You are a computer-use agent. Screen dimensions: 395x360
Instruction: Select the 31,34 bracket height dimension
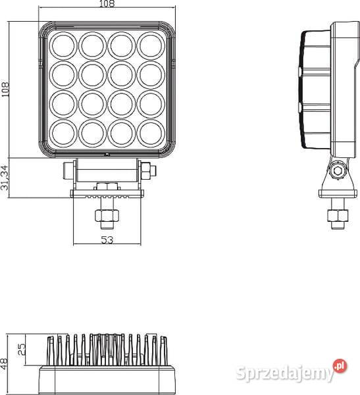pos(6,177)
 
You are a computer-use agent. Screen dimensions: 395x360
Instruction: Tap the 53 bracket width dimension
pos(107,240)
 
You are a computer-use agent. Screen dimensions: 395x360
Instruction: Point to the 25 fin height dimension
pos(22,347)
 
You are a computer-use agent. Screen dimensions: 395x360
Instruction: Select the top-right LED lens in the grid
pos(151,45)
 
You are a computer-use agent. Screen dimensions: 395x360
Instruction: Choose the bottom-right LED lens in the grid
pos(151,132)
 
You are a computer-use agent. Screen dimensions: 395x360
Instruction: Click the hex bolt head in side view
pos(338,171)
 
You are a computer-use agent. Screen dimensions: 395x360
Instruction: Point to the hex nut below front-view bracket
pos(105,215)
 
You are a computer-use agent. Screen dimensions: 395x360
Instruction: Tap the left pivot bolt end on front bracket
pos(66,171)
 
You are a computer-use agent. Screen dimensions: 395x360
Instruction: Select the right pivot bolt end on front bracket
pos(152,172)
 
